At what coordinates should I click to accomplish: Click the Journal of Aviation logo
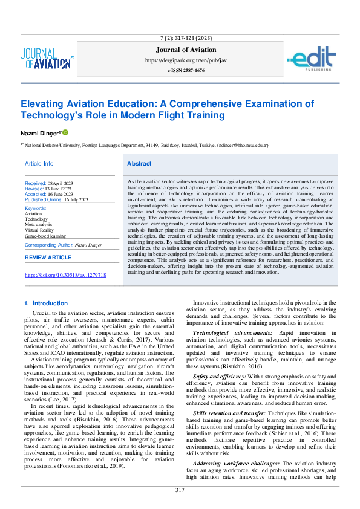pyautogui.click(x=47, y=58)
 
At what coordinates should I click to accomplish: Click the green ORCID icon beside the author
pyautogui.click(x=65, y=132)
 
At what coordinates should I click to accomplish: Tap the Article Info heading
pyautogui.click(x=39, y=164)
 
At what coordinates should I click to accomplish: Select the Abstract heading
pyautogui.click(x=139, y=164)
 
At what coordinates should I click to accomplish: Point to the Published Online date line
pyautogui.click(x=56, y=199)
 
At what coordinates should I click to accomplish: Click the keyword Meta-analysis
pyautogui.click(x=38, y=224)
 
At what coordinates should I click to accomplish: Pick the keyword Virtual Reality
pyautogui.click(x=39, y=230)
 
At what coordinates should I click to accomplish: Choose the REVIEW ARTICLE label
pyautogui.click(x=48, y=258)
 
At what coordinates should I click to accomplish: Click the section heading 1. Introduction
pyautogui.click(x=45, y=303)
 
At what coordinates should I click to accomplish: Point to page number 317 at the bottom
pyautogui.click(x=180, y=490)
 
